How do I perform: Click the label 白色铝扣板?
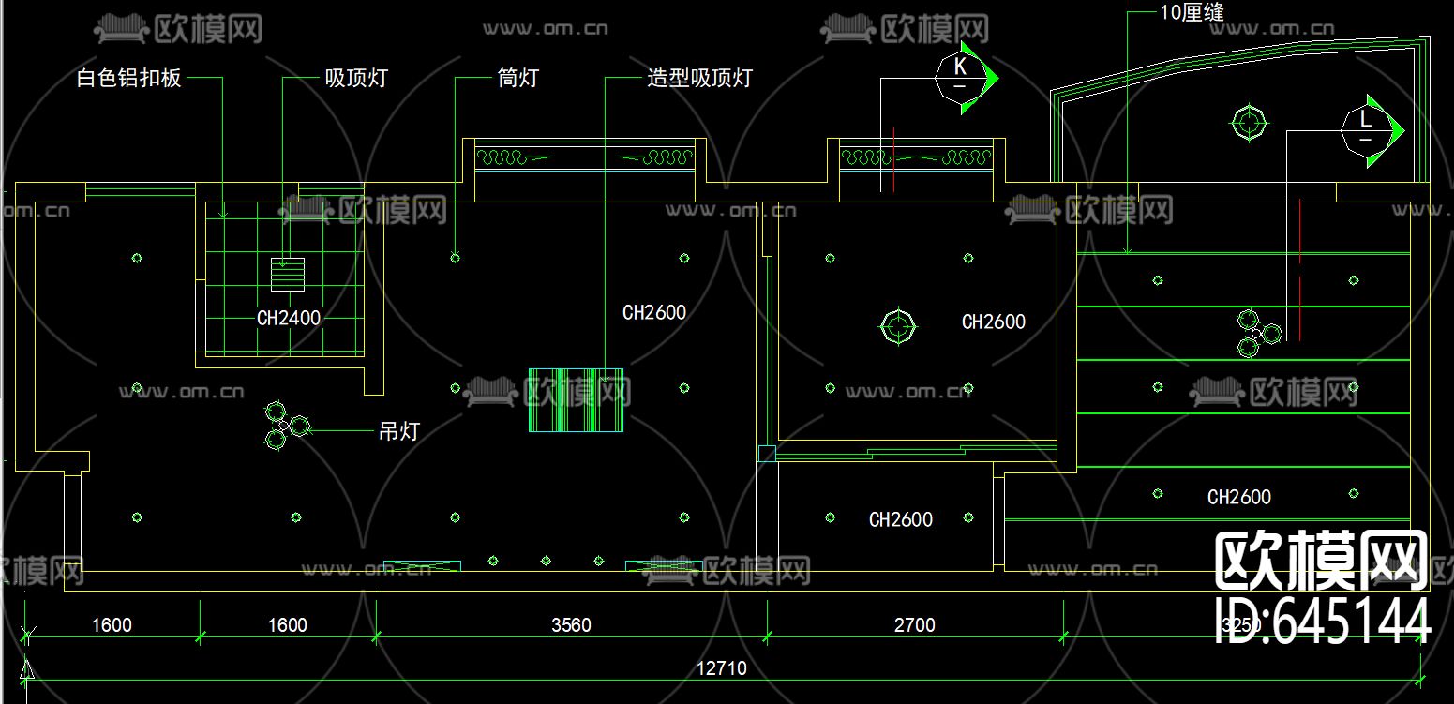[128, 79]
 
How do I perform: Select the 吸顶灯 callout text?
[356, 79]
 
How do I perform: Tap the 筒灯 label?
[517, 79]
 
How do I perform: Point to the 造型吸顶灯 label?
[699, 79]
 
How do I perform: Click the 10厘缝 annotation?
[1192, 13]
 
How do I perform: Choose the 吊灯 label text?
[398, 431]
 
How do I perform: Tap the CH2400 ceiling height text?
[289, 319]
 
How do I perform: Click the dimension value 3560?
[571, 625]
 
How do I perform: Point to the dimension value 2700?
[914, 625]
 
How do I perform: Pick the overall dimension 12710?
[722, 668]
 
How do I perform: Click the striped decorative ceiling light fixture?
[577, 399]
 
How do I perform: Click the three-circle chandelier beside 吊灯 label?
[284, 426]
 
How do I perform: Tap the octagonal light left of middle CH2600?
[898, 327]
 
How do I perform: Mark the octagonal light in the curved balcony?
[1248, 123]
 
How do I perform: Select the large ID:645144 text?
[1323, 622]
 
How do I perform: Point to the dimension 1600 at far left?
[112, 625]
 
